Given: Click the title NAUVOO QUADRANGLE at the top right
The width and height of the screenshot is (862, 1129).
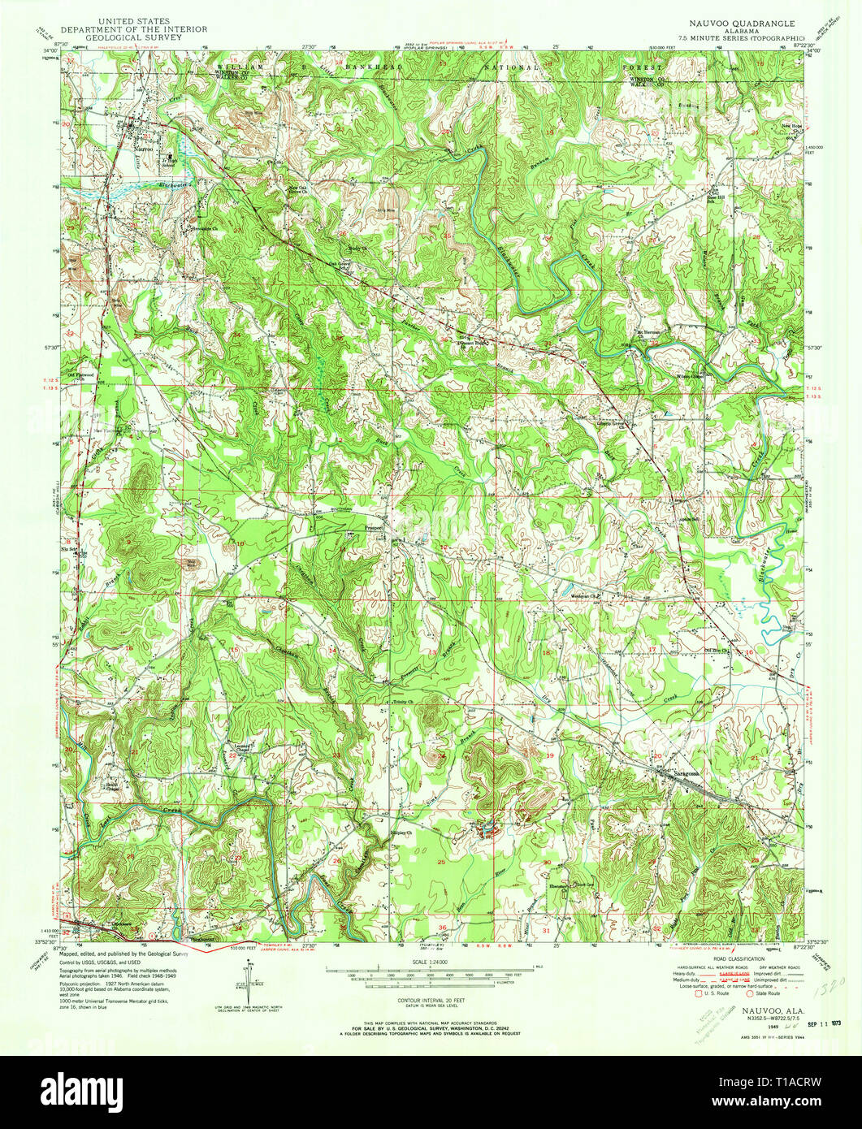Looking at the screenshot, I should click(x=737, y=24).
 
